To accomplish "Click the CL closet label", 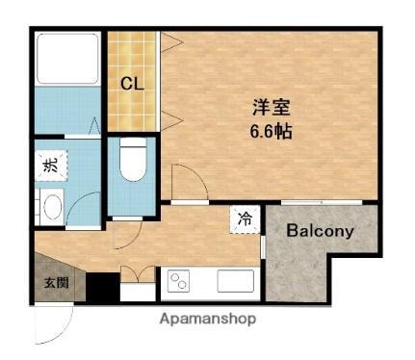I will (x=132, y=83).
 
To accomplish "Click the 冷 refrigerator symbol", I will (x=243, y=219).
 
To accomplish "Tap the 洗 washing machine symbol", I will (x=50, y=166).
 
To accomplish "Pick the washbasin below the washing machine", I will (x=50, y=205).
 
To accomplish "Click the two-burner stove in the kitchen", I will (x=180, y=281).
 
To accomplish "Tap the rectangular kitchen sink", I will (x=234, y=281).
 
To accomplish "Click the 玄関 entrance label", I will (x=55, y=283).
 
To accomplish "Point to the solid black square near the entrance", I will (x=101, y=287).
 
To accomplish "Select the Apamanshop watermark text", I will (x=208, y=319).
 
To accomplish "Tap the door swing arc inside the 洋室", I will (x=185, y=184).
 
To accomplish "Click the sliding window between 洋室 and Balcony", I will (x=322, y=201).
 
